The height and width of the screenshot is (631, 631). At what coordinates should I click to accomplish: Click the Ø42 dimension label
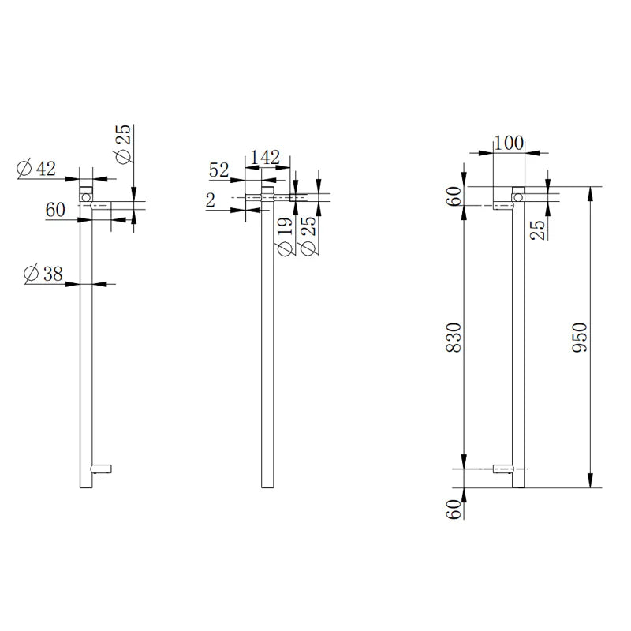(x=35, y=168)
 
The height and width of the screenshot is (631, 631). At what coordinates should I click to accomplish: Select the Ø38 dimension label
(x=44, y=274)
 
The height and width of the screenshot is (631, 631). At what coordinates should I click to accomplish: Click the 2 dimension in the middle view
(x=211, y=200)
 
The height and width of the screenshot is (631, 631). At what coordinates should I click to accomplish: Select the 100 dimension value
(x=509, y=143)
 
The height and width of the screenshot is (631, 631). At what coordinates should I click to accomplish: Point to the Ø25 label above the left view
(x=125, y=145)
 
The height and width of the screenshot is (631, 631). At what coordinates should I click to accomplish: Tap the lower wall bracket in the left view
(x=103, y=469)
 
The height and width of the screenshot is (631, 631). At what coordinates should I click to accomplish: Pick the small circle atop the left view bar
(x=86, y=193)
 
